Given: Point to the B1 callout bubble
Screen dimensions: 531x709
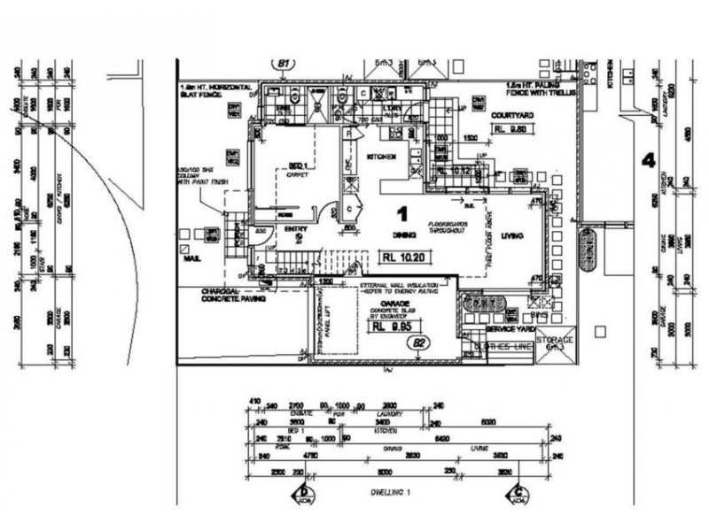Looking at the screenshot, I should (284, 64).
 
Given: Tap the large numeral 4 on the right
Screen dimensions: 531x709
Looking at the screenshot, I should (648, 160).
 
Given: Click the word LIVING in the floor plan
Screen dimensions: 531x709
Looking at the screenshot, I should (512, 235).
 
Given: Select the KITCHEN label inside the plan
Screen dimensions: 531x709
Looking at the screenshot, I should (382, 157).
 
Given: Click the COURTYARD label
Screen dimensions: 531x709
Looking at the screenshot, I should (510, 115).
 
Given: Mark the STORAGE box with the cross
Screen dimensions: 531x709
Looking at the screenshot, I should (555, 342).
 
